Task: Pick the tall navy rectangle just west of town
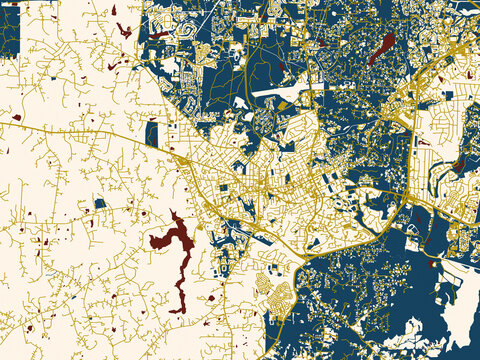pos(151,133)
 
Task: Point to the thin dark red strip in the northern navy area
pos(158,35)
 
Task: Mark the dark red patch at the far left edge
pos(3,150)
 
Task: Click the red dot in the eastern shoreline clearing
pos(432,264)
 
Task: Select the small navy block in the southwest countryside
pos(100,204)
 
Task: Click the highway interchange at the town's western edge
pos(183,160)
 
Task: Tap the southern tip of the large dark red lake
pos(181,308)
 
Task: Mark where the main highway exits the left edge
pos(2,119)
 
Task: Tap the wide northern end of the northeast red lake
pos(387,41)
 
